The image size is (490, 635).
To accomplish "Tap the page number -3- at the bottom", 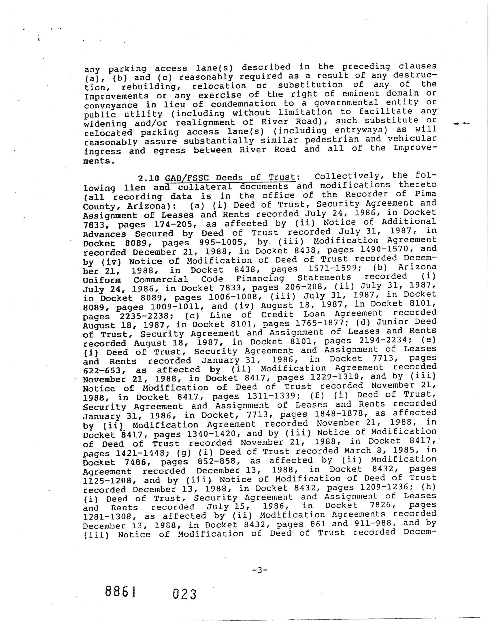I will click(260, 570).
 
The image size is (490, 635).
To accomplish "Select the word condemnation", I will click(243, 104).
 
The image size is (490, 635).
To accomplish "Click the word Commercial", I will click(161, 280).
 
